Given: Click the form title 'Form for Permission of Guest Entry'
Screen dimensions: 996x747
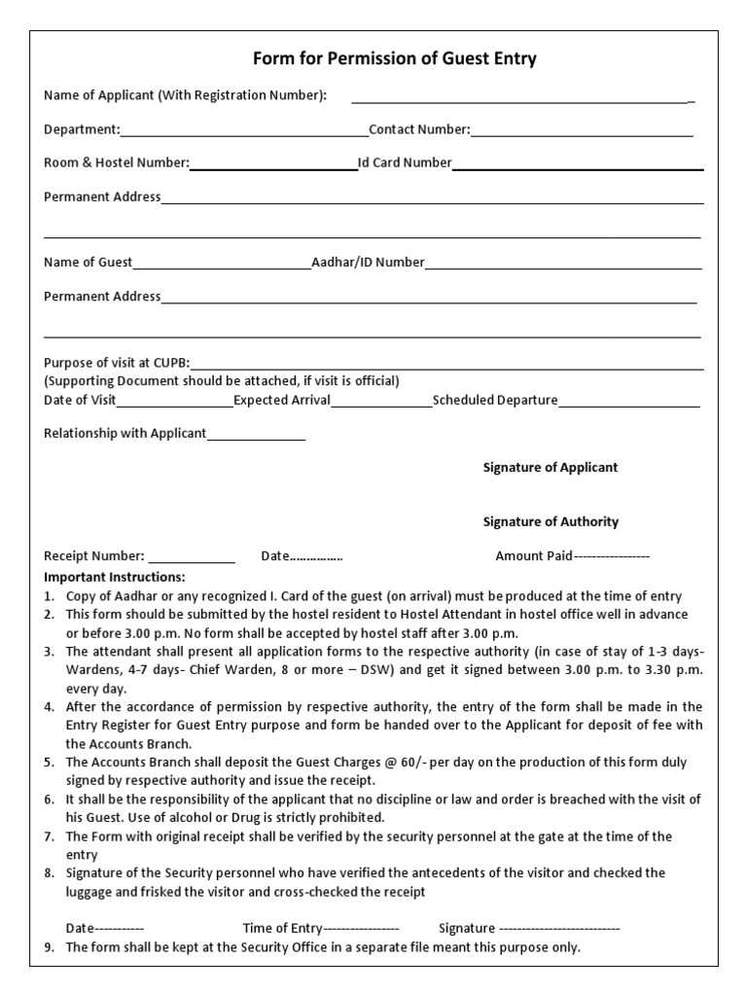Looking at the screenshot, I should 394,59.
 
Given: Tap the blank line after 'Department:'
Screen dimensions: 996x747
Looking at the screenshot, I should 244,130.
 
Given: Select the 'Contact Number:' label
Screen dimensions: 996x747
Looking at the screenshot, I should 419,130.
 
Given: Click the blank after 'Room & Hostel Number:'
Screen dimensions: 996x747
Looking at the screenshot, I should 273,163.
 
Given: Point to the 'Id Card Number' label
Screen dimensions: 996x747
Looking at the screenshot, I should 405,163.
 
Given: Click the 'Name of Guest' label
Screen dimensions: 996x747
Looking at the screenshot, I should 89,263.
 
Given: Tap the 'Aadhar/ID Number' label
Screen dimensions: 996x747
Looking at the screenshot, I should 368,263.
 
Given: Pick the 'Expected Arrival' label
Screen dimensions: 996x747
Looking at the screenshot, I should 282,400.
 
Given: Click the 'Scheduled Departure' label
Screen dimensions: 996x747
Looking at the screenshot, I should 495,400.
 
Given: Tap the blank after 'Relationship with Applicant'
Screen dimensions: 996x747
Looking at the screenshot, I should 256,434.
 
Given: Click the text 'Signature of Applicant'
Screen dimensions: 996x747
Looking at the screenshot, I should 551,468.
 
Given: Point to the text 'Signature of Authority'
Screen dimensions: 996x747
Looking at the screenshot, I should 551,522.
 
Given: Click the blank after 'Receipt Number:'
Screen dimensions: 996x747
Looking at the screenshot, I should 192,557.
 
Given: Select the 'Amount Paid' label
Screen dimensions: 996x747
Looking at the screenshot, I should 534,557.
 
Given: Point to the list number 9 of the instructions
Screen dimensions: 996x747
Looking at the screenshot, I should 50,947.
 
